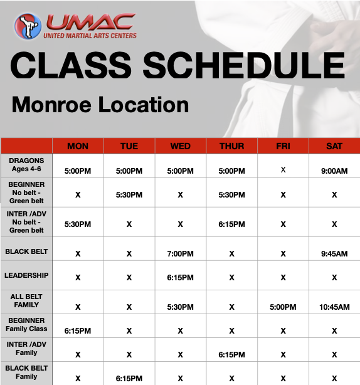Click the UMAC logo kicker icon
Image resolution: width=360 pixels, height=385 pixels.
[28, 26]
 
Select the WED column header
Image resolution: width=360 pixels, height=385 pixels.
[181, 146]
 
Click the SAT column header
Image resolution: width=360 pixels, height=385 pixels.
[334, 146]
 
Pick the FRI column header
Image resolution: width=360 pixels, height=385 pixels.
[283, 146]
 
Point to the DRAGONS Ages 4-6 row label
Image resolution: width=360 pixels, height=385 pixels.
[26, 165]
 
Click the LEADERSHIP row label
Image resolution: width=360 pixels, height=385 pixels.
[26, 275]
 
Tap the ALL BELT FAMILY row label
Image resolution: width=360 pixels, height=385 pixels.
[26, 300]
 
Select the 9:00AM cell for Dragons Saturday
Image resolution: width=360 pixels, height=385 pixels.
[334, 170]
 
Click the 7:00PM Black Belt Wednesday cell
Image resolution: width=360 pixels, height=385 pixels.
[181, 254]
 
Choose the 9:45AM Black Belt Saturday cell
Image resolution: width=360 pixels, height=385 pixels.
[334, 254]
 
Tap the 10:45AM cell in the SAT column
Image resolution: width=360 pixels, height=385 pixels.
[334, 307]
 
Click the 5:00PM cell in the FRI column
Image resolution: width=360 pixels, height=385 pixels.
[283, 307]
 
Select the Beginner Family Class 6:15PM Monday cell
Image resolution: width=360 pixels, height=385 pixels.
[78, 330]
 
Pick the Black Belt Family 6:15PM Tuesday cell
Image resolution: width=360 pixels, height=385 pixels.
[129, 379]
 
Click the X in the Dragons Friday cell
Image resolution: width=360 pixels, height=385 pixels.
[283, 169]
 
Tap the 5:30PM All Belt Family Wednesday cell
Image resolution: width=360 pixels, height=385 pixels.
[181, 307]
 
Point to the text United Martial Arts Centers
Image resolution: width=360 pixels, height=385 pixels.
[90, 36]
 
